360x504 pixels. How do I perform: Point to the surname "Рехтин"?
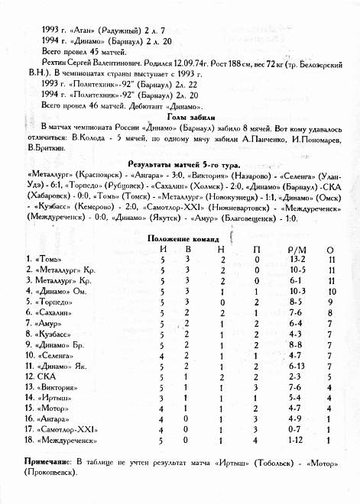[57, 58]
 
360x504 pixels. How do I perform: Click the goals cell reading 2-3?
[297, 376]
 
